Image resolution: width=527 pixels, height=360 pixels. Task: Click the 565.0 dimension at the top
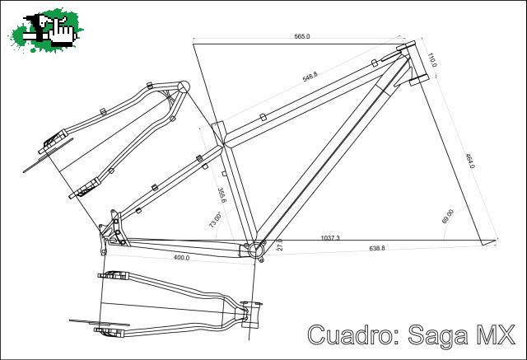pyautogui.click(x=302, y=36)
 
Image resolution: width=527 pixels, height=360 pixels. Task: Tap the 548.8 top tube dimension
pyautogui.click(x=310, y=77)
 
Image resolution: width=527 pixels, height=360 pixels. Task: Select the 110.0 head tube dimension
pyautogui.click(x=431, y=59)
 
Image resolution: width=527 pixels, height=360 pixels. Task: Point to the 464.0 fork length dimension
pyautogui.click(x=469, y=161)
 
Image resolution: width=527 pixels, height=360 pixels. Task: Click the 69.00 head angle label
pyautogui.click(x=448, y=216)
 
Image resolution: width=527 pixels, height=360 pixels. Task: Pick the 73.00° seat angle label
pyautogui.click(x=215, y=220)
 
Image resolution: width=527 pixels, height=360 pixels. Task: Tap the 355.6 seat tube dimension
pyautogui.click(x=222, y=195)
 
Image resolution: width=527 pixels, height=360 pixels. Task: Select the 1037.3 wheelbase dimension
pyautogui.click(x=330, y=238)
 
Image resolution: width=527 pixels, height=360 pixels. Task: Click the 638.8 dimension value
pyautogui.click(x=377, y=248)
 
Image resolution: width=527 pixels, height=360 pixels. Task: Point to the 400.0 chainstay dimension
pyautogui.click(x=181, y=258)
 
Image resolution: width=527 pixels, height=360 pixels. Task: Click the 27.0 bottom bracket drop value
pyautogui.click(x=280, y=245)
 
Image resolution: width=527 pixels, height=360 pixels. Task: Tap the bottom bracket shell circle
pyautogui.click(x=254, y=250)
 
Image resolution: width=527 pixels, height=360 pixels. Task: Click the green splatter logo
pyautogui.click(x=46, y=30)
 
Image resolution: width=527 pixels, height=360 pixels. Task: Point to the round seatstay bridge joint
pyautogui.click(x=183, y=87)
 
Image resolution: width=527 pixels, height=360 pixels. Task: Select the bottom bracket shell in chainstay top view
pyautogui.click(x=251, y=315)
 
